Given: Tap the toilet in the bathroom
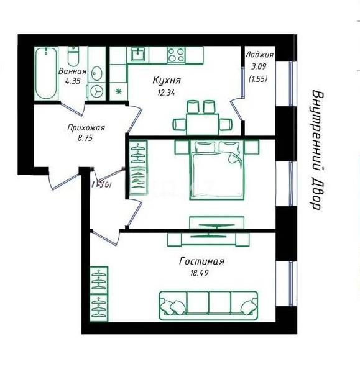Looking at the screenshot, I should [x=73, y=57].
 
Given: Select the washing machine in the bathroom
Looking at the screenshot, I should [x=97, y=91].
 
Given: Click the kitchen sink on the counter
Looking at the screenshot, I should [x=137, y=55].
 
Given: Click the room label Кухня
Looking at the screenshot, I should [x=167, y=81].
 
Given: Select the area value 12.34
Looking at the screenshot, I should [x=167, y=93].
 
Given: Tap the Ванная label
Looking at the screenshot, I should [x=72, y=71].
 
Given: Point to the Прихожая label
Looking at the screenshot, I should [x=86, y=129].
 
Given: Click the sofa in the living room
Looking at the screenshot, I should [x=208, y=304].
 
